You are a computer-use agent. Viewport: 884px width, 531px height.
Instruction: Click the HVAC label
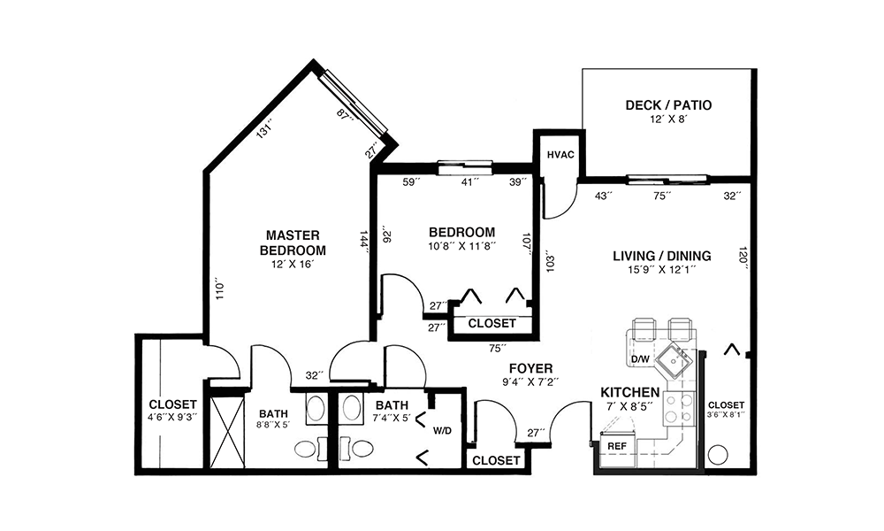[560, 155]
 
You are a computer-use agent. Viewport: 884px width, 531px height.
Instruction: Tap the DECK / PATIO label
[668, 105]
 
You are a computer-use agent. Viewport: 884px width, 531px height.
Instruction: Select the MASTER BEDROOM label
[293, 242]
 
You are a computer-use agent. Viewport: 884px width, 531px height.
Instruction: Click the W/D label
[442, 431]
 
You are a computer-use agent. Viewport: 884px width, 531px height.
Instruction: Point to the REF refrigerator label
[617, 446]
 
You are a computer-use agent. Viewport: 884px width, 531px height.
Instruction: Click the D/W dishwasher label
[640, 359]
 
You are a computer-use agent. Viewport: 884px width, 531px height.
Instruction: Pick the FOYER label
[530, 368]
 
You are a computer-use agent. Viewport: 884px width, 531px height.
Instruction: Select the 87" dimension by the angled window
[345, 114]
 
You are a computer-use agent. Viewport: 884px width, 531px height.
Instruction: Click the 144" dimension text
[365, 242]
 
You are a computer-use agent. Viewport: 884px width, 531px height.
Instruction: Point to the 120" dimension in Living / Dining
[743, 258]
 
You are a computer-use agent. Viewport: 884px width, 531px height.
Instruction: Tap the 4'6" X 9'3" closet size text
[172, 417]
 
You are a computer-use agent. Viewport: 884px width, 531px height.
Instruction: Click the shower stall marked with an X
[228, 432]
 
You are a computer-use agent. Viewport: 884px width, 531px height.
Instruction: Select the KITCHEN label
[629, 392]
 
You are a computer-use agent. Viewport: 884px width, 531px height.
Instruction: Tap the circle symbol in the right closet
[718, 455]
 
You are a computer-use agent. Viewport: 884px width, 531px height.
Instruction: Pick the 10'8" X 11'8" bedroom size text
[461, 245]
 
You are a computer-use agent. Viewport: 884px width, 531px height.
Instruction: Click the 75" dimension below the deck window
[662, 196]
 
